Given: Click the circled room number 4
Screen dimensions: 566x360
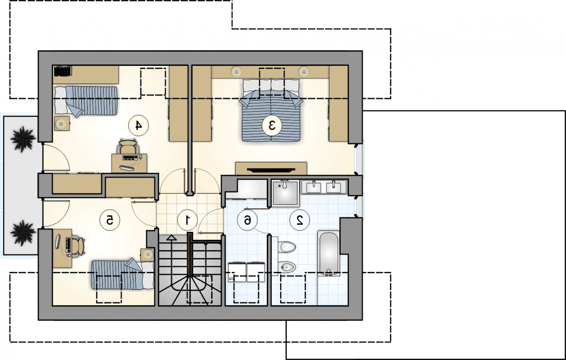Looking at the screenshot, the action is [x=138, y=125].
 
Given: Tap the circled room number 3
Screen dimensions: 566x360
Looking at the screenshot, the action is [x=272, y=125].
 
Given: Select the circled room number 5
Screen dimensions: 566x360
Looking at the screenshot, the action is [x=110, y=220].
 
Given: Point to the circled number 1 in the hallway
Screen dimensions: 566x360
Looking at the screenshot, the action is [x=187, y=220].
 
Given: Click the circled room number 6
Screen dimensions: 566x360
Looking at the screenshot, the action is [x=247, y=220].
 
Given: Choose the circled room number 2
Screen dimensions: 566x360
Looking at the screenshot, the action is [x=300, y=220].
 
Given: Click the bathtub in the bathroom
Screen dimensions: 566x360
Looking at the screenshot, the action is [x=329, y=253].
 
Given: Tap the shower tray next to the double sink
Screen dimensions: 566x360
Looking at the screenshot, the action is [x=285, y=193].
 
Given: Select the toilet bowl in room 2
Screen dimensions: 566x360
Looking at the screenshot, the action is [x=287, y=247].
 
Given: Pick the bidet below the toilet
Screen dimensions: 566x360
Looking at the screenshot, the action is [x=287, y=267].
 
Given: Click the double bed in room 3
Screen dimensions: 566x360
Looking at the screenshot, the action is [x=271, y=110].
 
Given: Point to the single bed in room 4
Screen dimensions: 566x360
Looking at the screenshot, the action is [x=86, y=101].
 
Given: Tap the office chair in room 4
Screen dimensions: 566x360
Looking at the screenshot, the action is [x=129, y=146].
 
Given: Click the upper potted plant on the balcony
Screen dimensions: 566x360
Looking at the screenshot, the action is [x=23, y=139].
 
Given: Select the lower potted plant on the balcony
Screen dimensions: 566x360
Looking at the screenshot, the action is [x=23, y=233].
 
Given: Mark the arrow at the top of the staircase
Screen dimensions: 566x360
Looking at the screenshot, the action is [x=172, y=238].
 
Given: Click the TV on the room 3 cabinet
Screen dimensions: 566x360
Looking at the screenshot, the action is [x=271, y=170].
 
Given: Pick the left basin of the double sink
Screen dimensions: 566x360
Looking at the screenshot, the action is [x=313, y=187].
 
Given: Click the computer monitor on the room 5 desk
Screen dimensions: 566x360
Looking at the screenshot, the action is [x=58, y=242].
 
